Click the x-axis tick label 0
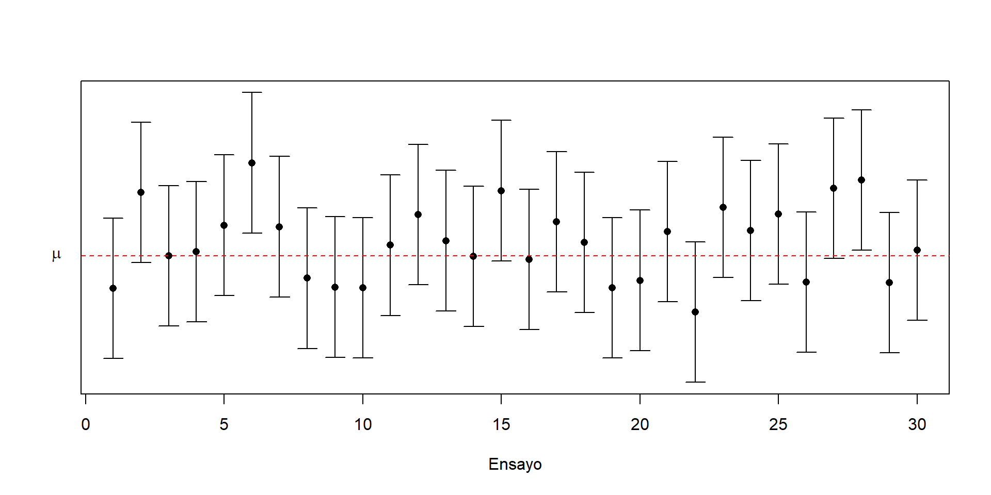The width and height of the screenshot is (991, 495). [x=86, y=424]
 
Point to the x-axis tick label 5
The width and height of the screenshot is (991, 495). [x=224, y=424]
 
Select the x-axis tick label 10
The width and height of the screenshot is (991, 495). [x=363, y=424]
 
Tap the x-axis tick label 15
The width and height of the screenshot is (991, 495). [x=501, y=424]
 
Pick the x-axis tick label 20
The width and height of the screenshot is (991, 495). [x=640, y=424]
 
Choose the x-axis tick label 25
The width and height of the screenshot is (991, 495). [x=778, y=424]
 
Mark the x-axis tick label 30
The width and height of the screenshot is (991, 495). [x=917, y=424]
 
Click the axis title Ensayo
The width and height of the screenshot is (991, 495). [x=515, y=464]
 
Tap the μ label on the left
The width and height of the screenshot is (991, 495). [x=57, y=255]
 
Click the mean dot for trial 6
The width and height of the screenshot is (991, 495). [x=252, y=163]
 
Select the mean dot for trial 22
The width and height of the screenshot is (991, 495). [x=695, y=312]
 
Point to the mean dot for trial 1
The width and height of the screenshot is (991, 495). [x=113, y=288]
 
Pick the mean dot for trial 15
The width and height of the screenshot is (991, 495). [x=501, y=191]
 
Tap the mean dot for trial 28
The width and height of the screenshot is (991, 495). [x=861, y=180]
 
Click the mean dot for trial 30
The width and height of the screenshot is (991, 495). [x=917, y=250]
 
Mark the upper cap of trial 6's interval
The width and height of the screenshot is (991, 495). [x=252, y=92]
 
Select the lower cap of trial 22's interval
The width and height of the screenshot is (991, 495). [x=695, y=382]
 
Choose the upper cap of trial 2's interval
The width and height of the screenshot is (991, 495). [x=141, y=122]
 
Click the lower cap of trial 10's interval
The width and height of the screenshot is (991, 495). [x=363, y=358]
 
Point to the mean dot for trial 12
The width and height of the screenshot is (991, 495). [x=418, y=214]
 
